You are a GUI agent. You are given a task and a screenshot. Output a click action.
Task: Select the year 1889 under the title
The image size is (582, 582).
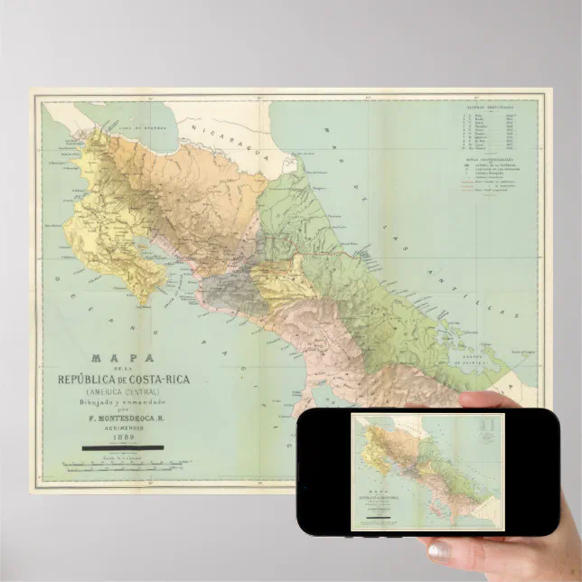pyautogui.click(x=122, y=436)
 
